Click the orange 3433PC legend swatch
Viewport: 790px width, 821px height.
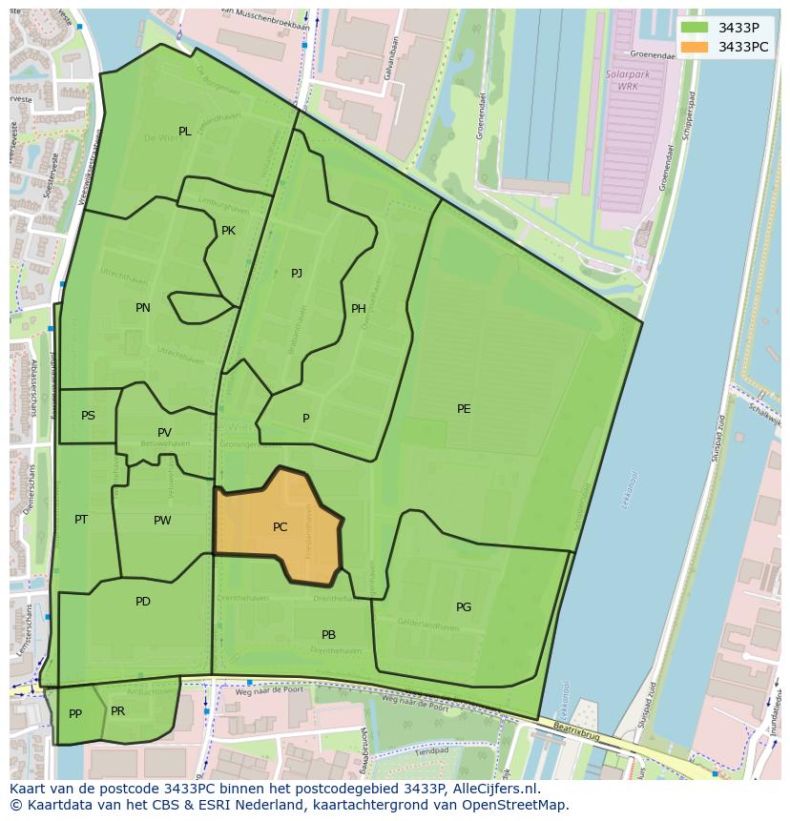coord(695,47)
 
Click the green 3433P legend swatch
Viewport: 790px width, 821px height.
coord(695,28)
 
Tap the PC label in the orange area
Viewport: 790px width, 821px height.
coord(280,527)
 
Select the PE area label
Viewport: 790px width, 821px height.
coord(464,409)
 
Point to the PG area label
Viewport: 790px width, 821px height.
coord(464,607)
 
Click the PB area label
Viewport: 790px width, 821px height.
coord(328,635)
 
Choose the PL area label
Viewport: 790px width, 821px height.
coord(185,132)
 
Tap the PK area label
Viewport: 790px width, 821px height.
coord(228,231)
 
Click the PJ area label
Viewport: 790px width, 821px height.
coord(297,274)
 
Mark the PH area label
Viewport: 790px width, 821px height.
coord(359,309)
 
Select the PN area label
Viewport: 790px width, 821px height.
coord(143,308)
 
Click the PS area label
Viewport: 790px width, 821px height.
coord(88,416)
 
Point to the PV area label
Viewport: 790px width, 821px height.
coord(165,433)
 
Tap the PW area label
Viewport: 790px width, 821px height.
coord(162,521)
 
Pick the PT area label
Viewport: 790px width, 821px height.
coord(81,520)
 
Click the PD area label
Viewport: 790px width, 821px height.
coord(143,602)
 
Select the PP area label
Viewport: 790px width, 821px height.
coord(75,714)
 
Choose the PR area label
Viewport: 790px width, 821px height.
coord(117,711)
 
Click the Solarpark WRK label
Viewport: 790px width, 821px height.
coord(621,80)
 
